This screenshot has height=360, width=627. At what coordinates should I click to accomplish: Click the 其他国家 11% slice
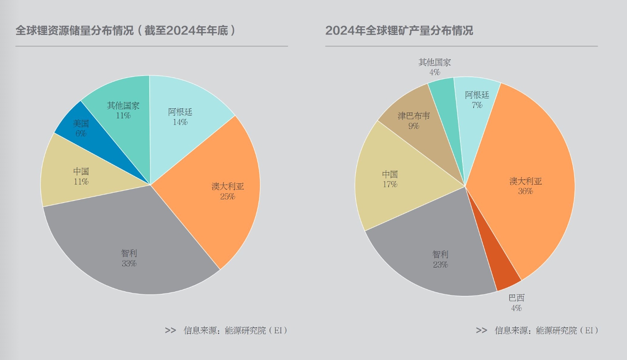point(123,111)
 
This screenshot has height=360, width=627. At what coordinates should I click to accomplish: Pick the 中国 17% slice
point(391,181)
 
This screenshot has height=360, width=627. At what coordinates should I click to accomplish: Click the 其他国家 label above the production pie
point(435,62)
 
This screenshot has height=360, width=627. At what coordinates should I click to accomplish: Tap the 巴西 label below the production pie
point(516,298)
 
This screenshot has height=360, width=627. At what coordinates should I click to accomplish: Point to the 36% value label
point(525,192)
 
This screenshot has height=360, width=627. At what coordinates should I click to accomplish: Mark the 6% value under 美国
point(81,134)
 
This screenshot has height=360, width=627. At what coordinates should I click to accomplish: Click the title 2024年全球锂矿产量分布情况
point(399,30)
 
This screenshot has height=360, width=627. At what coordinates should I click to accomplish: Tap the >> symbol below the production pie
point(481,330)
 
